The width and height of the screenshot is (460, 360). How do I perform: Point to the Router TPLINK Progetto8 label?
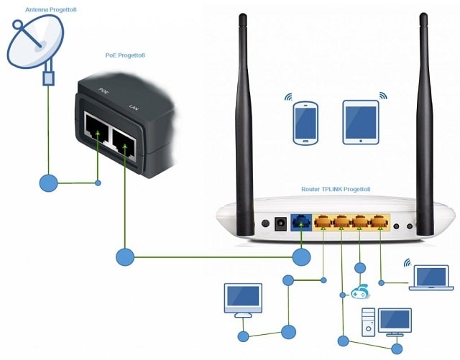click(x=336, y=189)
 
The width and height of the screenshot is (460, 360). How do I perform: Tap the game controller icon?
click(x=359, y=292)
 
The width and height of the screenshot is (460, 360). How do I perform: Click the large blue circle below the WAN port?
click(x=302, y=255)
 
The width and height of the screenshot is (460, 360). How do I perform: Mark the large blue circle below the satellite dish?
click(x=48, y=183)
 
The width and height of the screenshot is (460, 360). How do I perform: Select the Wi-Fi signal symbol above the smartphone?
click(x=289, y=97)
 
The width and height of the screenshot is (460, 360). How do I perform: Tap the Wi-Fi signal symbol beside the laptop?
click(x=407, y=263)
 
